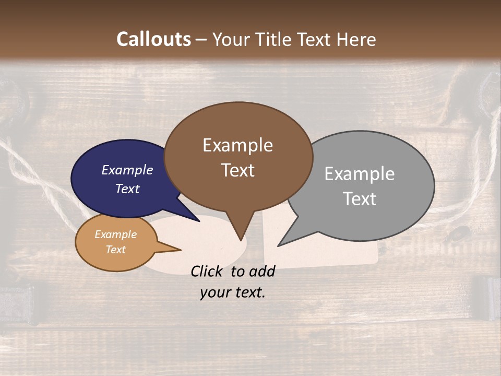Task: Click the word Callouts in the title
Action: [153, 39]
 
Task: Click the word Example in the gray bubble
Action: [359, 174]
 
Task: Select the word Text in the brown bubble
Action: [238, 170]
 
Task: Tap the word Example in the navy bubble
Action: [127, 170]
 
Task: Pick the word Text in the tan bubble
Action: [116, 250]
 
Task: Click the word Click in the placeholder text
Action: [207, 271]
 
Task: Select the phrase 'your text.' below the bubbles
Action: [233, 292]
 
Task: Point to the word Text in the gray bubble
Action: [360, 199]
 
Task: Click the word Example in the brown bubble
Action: [237, 145]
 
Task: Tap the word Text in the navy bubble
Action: [127, 189]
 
